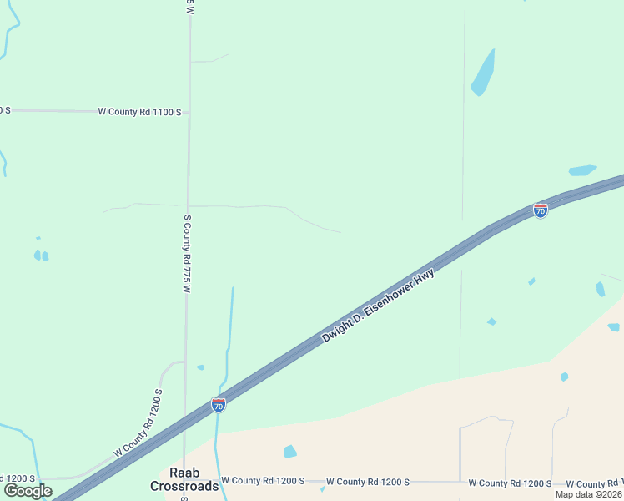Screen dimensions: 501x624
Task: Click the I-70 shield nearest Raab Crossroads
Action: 219,405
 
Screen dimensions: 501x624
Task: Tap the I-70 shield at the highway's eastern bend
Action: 541,210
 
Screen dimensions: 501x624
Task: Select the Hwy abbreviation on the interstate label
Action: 425,276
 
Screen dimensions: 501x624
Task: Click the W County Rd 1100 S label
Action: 139,111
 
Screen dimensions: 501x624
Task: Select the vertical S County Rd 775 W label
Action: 188,253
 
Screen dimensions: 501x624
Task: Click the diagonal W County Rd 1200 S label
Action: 138,421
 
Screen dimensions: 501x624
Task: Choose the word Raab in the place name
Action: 184,473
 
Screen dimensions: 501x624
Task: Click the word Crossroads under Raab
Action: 184,486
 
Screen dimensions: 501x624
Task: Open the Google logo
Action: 28,491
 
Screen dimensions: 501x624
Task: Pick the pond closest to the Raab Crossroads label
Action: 289,452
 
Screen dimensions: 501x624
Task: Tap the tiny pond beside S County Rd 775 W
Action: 200,367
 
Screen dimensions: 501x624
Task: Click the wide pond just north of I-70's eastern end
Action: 582,170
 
